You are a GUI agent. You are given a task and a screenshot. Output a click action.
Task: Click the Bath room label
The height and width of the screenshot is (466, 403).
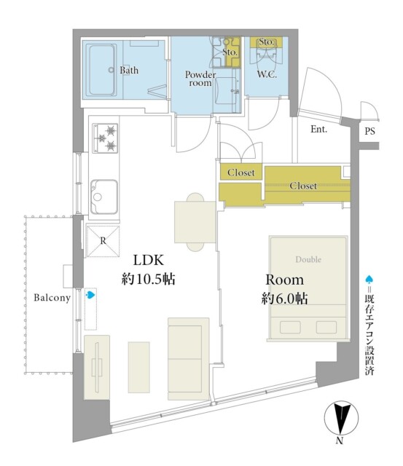pyautogui.click(x=129, y=70)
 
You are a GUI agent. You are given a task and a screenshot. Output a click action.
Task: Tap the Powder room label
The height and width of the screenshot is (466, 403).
pyautogui.click(x=200, y=79)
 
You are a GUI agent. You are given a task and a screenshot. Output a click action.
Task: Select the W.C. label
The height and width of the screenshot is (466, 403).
pyautogui.click(x=267, y=74)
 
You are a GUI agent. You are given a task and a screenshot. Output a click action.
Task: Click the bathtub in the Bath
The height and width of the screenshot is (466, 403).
pyautogui.click(x=101, y=70)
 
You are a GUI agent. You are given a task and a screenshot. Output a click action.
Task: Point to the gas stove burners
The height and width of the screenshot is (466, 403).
pyautogui.click(x=105, y=138)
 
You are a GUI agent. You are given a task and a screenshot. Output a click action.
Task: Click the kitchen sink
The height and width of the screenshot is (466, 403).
pyautogui.click(x=104, y=197)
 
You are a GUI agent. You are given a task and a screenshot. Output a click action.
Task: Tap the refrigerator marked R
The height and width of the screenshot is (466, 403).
pyautogui.click(x=103, y=241)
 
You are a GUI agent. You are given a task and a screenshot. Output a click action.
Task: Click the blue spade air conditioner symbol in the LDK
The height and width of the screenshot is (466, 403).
pyautogui.click(x=90, y=295)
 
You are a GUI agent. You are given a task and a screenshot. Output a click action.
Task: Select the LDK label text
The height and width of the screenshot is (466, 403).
pyautogui.click(x=149, y=260)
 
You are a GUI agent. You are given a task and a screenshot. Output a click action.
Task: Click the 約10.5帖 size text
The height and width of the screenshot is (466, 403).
pyautogui.click(x=148, y=279)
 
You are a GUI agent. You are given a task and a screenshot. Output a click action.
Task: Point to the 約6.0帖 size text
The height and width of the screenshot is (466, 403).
pyautogui.click(x=284, y=298)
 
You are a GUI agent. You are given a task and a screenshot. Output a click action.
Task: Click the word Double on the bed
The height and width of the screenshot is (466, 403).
pyautogui.click(x=308, y=259)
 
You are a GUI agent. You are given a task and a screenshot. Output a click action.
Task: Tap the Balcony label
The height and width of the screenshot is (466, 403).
pyautogui.click(x=52, y=298)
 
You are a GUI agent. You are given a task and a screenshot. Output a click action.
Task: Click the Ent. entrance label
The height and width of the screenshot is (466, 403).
pyautogui.click(x=319, y=129)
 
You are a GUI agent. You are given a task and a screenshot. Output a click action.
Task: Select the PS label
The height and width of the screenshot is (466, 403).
pyautogui.click(x=369, y=131)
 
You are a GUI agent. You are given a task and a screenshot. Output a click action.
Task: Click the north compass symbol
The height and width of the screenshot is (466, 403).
pyautogui.click(x=341, y=418)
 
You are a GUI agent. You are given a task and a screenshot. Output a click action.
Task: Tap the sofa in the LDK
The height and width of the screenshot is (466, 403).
pyautogui.click(x=188, y=359)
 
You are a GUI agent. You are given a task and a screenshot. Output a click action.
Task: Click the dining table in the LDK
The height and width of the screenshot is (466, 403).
pyautogui.click(x=195, y=222)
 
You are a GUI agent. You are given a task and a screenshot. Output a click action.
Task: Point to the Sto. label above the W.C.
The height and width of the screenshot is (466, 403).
pyautogui.click(x=266, y=42)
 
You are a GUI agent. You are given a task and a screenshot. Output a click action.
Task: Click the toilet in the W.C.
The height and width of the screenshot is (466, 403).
pyautogui.click(x=266, y=55)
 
